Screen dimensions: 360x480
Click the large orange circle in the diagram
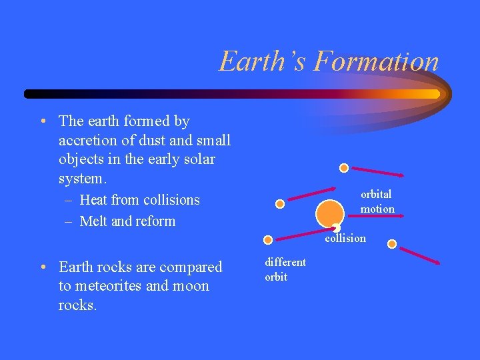(x=330, y=213)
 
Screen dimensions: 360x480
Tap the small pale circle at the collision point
(x=336, y=228)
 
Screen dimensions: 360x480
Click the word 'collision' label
(x=345, y=238)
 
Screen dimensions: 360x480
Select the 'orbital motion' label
(x=377, y=201)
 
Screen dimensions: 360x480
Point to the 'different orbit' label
(x=285, y=269)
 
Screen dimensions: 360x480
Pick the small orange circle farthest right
(x=392, y=244)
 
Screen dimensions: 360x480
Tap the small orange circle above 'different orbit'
(x=267, y=239)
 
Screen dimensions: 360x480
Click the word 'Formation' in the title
(x=377, y=62)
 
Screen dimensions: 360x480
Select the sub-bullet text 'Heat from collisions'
(x=139, y=200)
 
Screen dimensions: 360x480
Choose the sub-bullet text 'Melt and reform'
(x=127, y=221)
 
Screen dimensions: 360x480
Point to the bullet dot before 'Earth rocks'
(x=42, y=267)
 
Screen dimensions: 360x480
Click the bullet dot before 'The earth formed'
(x=42, y=121)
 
